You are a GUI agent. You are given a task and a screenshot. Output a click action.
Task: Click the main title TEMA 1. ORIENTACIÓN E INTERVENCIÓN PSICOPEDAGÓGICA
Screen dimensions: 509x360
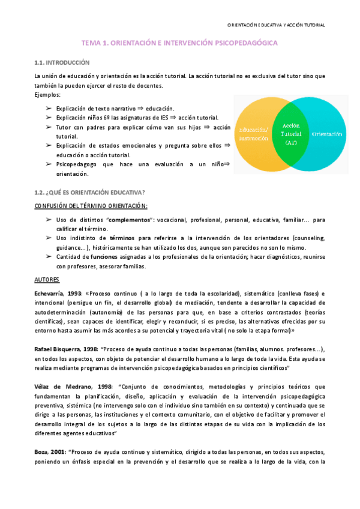pyautogui.click(x=180, y=44)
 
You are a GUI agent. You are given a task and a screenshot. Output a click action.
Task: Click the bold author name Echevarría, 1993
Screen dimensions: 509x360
pyautogui.click(x=58, y=293)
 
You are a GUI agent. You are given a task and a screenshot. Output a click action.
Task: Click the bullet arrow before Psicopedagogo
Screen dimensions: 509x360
pyautogui.click(x=48, y=164)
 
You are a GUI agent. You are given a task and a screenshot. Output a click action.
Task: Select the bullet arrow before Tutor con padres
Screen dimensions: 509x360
pyautogui.click(x=48, y=127)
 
